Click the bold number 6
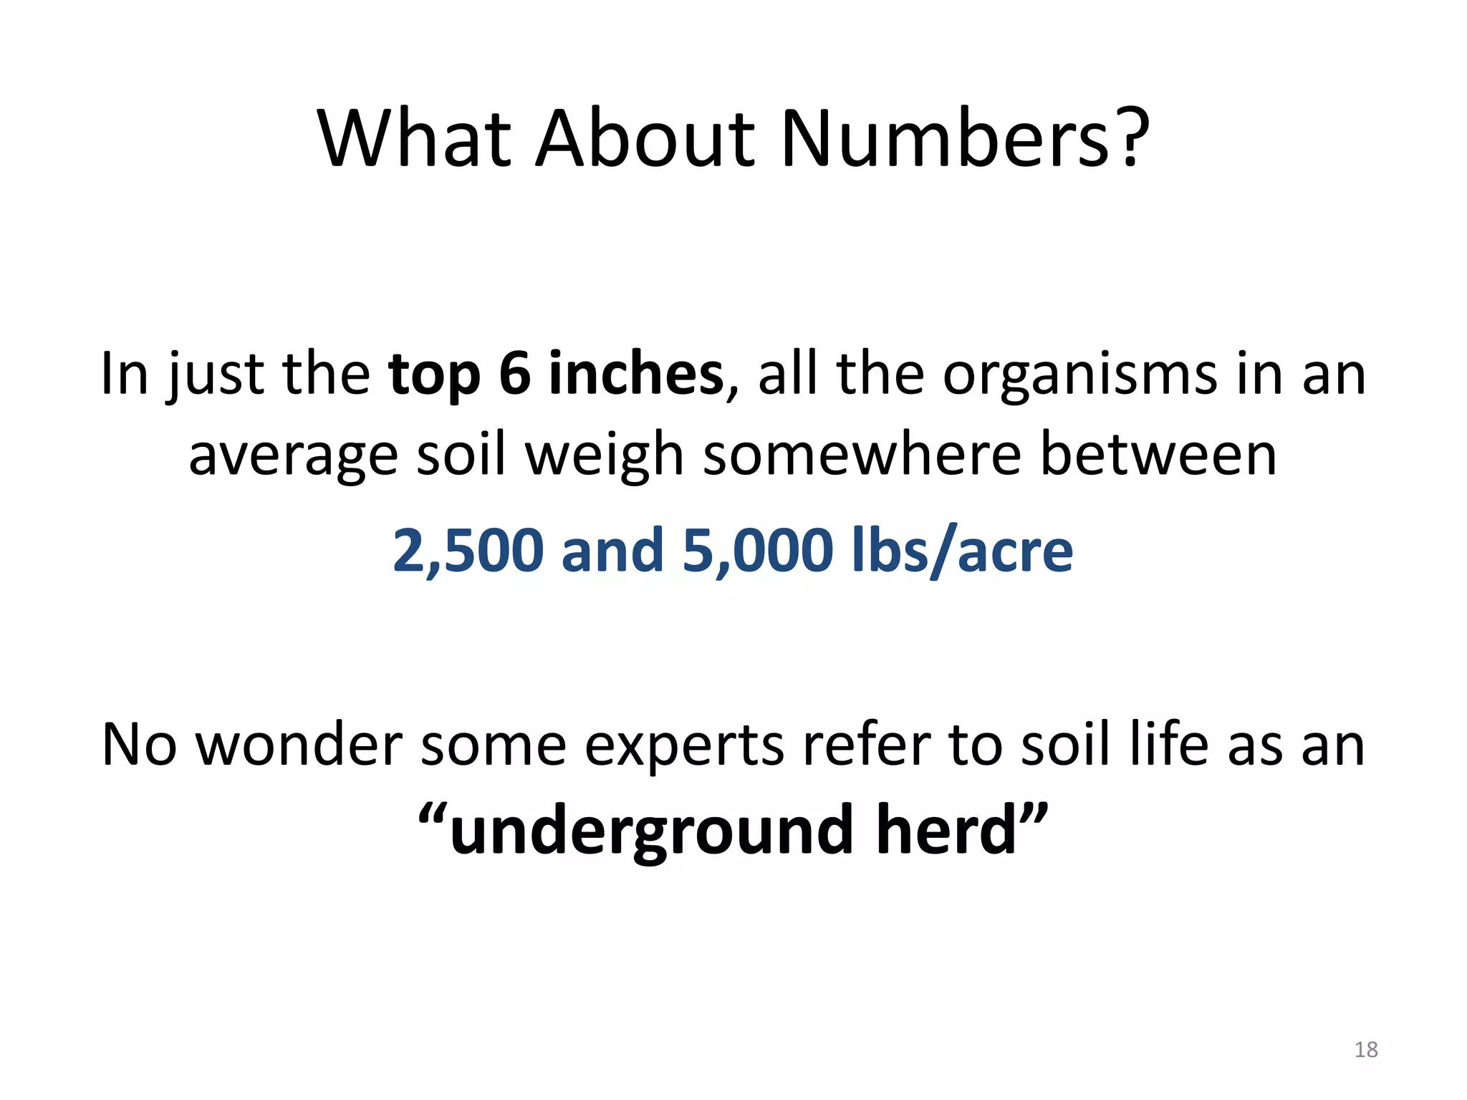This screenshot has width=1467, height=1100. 514,374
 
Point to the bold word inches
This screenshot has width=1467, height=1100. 636,374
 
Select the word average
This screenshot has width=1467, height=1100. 293,456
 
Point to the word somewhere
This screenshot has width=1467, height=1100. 862,455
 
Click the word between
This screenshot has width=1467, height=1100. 1158,455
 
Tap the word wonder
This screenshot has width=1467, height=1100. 299,746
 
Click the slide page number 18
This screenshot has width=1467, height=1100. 1365,1049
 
